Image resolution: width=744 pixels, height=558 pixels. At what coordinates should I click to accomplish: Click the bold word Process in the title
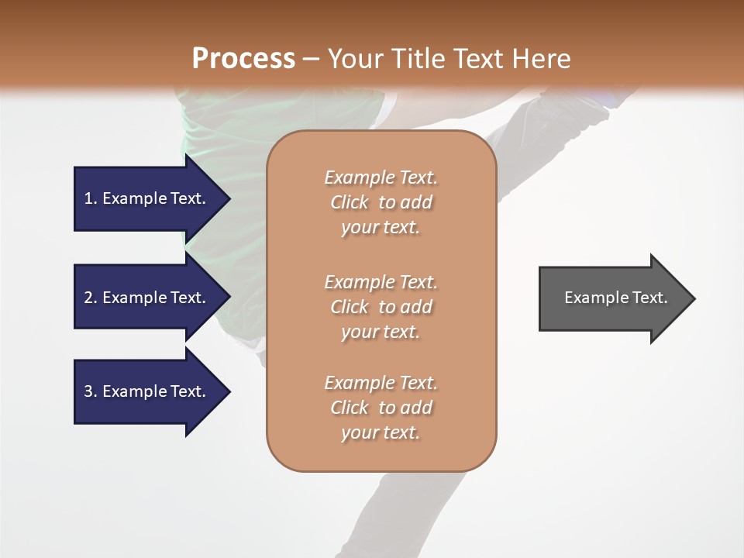click(243, 58)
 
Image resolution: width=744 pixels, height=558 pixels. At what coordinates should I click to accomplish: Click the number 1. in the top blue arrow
click(91, 198)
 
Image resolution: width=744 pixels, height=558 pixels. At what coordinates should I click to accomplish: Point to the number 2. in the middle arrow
click(91, 298)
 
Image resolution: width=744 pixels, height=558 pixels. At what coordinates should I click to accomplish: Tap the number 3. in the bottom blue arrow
click(91, 391)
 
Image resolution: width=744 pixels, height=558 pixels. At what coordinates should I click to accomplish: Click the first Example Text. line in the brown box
click(381, 177)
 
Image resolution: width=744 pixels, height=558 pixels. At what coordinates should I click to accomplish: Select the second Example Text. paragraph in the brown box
click(381, 281)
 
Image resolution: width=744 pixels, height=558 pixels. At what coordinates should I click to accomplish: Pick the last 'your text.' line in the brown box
click(381, 432)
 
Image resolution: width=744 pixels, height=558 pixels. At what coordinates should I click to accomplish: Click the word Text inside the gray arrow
click(649, 298)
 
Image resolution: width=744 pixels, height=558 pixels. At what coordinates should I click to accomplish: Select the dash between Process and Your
click(311, 58)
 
